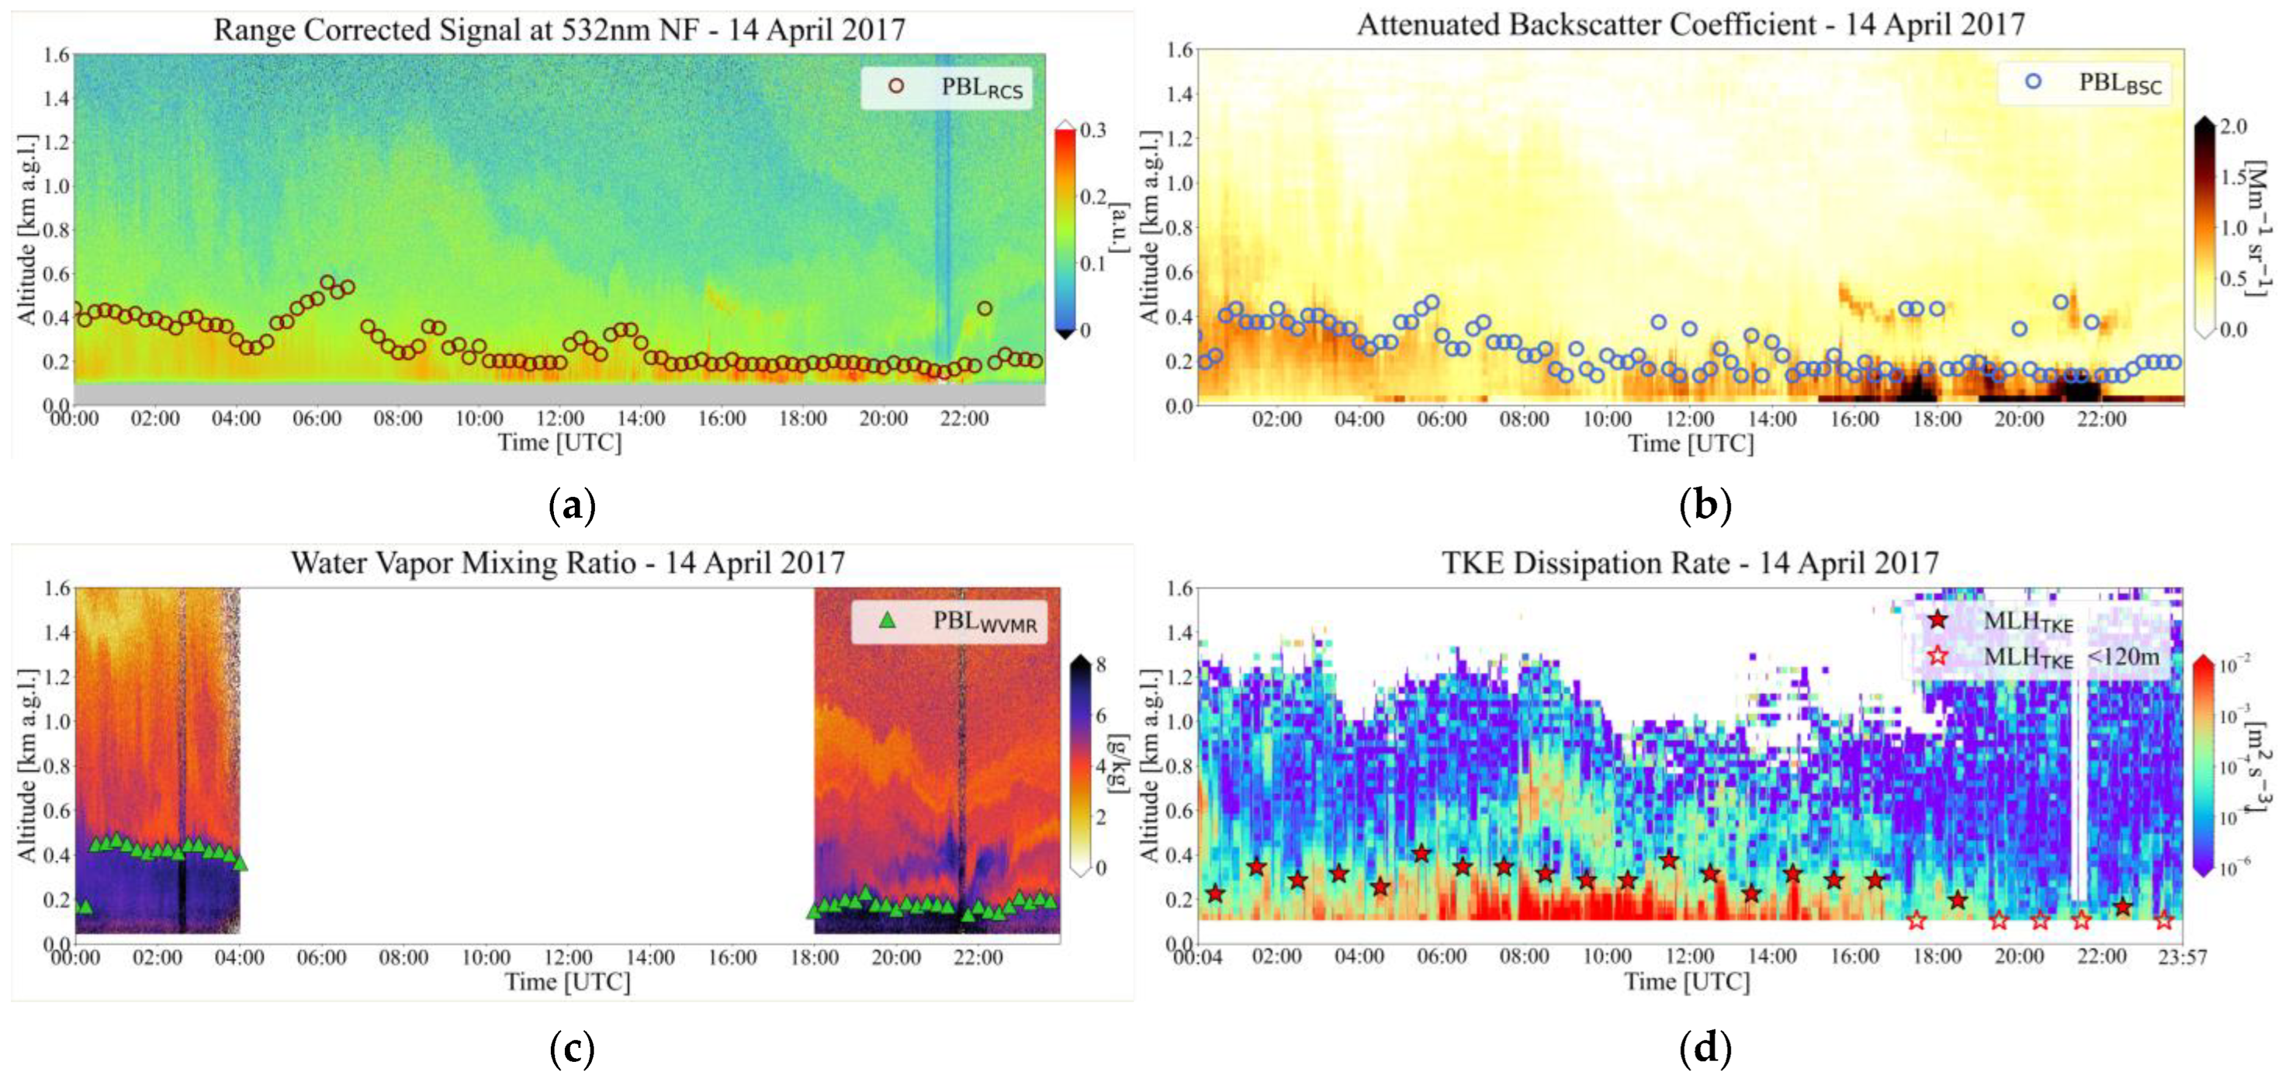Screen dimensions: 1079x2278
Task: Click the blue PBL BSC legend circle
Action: (2033, 81)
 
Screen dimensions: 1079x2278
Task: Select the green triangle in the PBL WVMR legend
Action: (887, 621)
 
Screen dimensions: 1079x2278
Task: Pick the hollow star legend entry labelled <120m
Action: (1937, 656)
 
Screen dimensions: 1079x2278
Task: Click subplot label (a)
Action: (572, 507)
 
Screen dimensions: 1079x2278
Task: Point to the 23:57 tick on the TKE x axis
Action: (2181, 957)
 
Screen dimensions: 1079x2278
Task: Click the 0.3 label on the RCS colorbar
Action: (1094, 130)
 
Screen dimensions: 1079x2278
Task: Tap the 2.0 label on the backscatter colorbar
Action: (2234, 127)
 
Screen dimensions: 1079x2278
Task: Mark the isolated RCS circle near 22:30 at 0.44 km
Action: (984, 309)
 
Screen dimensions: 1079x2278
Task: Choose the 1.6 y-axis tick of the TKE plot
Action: (1181, 588)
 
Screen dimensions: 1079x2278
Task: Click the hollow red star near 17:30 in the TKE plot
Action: (1916, 921)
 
